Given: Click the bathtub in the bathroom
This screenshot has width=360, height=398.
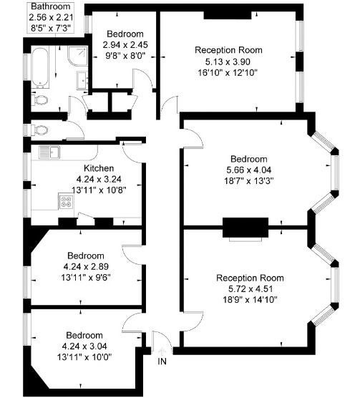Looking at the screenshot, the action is coord(40,67).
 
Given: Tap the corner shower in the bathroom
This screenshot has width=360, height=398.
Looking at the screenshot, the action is coord(77,56).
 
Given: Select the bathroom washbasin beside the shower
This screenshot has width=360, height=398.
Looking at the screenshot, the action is coord(82,80).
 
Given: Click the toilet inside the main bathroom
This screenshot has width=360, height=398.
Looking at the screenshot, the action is coord(39,99).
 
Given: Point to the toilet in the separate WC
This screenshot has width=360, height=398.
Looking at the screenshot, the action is coord(39,130).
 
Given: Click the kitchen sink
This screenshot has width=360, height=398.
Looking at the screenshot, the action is coord(49,152).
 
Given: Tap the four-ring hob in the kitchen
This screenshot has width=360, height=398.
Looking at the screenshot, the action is coord(67,202).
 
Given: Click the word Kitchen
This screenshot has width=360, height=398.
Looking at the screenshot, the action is coord(99,168).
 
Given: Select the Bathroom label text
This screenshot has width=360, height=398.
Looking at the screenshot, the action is coord(51,6).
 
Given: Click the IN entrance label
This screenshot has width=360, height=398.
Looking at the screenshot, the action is coord(162,361).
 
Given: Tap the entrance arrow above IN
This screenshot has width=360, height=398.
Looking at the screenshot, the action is coord(162,352).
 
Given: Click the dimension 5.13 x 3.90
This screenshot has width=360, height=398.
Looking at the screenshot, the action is coord(228,62).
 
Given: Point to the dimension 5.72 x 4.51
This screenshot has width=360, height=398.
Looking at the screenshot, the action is coord(250,289).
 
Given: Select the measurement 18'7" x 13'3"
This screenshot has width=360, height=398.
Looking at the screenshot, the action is coord(248,181).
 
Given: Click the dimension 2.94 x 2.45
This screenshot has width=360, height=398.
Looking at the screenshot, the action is coord(125,45).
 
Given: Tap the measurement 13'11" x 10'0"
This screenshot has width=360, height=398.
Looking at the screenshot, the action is coord(84,357).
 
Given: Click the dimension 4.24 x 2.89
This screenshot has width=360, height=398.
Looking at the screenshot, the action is coord(86,267).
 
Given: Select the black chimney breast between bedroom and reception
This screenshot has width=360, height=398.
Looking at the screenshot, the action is coord(245,228).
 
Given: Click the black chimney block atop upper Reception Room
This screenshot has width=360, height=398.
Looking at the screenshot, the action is coord(228,15).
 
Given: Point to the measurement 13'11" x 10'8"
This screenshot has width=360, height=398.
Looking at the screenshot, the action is coord(99,190).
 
